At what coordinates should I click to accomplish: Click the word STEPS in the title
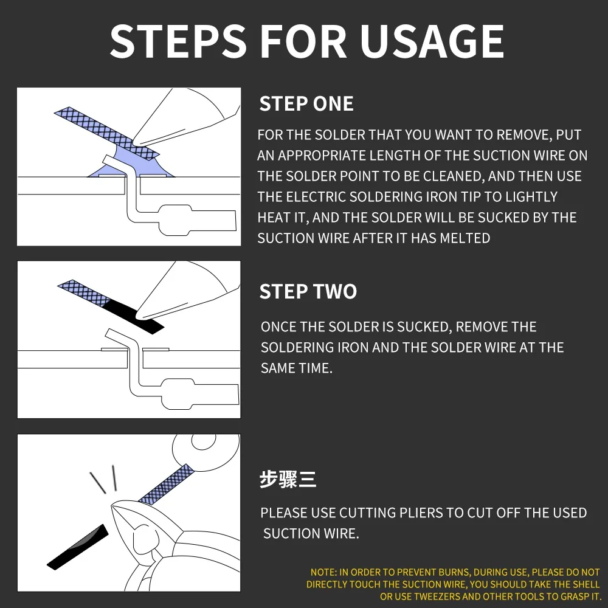178,41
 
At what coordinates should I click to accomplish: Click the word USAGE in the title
432,41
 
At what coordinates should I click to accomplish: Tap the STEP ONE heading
306,104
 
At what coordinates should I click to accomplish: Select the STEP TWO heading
308,292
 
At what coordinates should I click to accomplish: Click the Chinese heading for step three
288,479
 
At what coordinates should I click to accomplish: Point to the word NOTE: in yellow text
324,572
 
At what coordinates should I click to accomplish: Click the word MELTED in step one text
465,238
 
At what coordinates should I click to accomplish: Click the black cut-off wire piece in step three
78,547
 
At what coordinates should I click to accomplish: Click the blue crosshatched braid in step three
166,485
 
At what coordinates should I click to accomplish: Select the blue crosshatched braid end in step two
84,293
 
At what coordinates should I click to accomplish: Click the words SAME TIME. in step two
297,368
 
